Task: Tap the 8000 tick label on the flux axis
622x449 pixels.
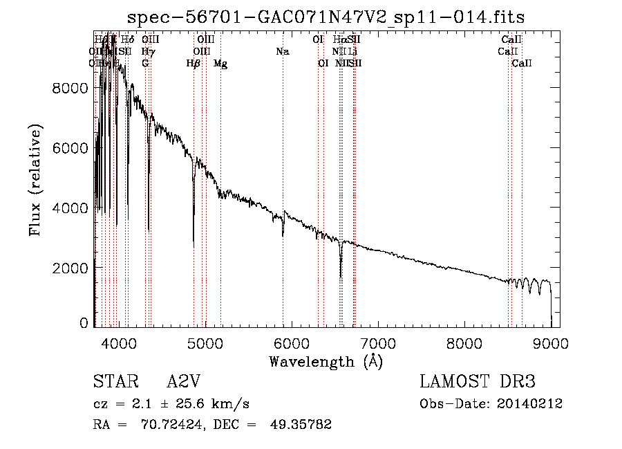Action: coord(71,88)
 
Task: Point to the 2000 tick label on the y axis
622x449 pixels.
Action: coord(71,268)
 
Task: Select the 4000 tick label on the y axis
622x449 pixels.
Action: coord(71,208)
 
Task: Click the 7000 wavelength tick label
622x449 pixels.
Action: coord(377,342)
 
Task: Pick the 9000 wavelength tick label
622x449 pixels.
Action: coord(551,342)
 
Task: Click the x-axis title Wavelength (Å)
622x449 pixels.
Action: coord(326,360)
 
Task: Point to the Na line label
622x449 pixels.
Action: coord(282,51)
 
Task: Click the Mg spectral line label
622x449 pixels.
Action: coord(220,64)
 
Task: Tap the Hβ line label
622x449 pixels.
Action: coord(194,64)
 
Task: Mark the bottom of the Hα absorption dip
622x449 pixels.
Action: coord(341,276)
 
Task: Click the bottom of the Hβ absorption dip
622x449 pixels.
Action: coord(194,245)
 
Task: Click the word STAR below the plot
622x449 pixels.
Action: coord(115,383)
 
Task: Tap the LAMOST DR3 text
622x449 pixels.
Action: coord(478,383)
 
